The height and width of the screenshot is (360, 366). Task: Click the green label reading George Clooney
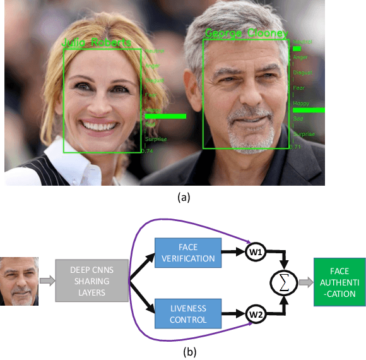(x=245, y=33)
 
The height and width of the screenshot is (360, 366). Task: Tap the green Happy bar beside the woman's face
(x=165, y=116)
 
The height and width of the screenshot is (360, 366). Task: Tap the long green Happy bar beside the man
(x=309, y=110)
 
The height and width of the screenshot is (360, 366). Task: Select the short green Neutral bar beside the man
(x=297, y=48)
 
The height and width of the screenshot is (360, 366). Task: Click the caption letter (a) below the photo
(x=183, y=197)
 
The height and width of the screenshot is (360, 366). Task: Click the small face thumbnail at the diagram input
(x=20, y=281)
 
